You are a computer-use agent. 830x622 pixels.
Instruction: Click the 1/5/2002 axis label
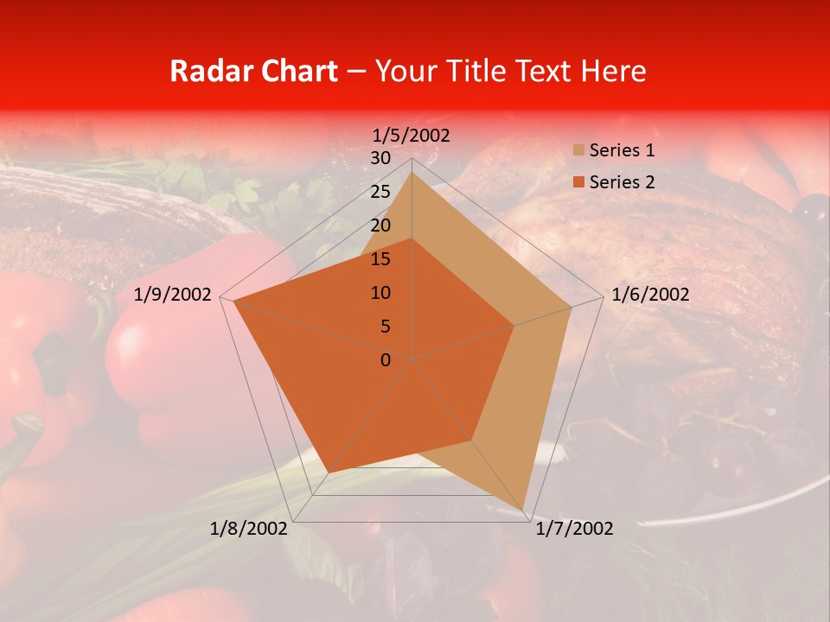coord(412,136)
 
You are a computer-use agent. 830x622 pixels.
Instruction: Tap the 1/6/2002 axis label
coord(650,295)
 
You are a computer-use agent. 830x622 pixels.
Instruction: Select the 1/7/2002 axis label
coord(573,529)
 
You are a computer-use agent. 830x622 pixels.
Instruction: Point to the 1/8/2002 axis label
coord(249,529)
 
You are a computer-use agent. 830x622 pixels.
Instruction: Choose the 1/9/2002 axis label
coord(173,295)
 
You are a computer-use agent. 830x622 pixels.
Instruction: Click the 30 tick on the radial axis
coord(380,158)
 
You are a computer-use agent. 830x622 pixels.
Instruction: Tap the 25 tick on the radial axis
coord(380,192)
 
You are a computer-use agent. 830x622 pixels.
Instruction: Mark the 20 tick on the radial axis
coord(380,225)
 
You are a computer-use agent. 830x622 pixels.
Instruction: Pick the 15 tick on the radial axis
coord(380,259)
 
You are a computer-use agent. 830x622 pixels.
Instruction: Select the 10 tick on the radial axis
coord(380,293)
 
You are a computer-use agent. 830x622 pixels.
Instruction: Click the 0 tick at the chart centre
coord(386,360)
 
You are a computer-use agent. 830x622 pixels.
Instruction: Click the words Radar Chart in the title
coord(253,71)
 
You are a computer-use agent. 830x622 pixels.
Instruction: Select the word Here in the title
coord(614,71)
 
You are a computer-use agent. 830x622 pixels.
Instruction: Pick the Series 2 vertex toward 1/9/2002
coord(234,301)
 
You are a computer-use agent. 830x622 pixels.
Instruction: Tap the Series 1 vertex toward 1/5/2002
coord(412,173)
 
